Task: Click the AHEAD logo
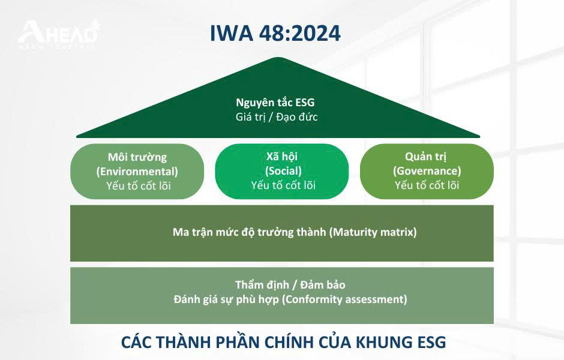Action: (59, 35)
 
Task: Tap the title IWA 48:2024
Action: (275, 33)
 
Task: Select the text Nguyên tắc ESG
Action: (275, 103)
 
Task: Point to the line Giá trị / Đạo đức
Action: (277, 117)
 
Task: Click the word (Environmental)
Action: (137, 172)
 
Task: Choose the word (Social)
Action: (283, 171)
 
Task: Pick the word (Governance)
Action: (427, 171)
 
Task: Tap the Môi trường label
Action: (137, 157)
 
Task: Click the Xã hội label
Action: (282, 157)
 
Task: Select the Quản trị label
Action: (426, 157)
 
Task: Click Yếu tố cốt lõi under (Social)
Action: (283, 185)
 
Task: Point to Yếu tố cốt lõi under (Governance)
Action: (427, 185)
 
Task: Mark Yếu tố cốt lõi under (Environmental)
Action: (139, 186)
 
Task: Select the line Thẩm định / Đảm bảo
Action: (290, 285)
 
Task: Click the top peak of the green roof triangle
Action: (278, 58)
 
